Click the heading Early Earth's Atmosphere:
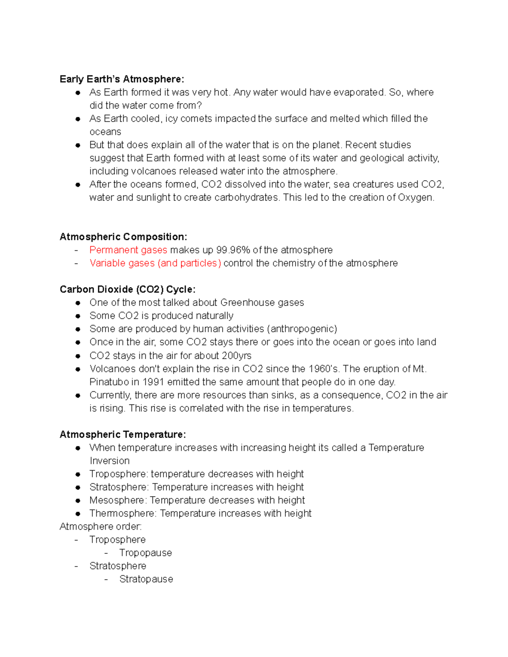click(122, 79)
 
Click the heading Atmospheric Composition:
click(123, 236)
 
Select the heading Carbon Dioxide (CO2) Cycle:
click(127, 289)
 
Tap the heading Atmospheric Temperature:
click(123, 434)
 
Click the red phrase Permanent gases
click(128, 250)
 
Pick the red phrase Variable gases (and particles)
click(155, 263)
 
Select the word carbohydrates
click(247, 198)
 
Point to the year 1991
click(153, 382)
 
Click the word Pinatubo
click(109, 382)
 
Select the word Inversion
click(110, 461)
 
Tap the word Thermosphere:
click(123, 513)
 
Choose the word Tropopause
click(146, 553)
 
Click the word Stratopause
click(146, 579)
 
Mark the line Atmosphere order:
click(101, 526)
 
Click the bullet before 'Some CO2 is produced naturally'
click(78, 316)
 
